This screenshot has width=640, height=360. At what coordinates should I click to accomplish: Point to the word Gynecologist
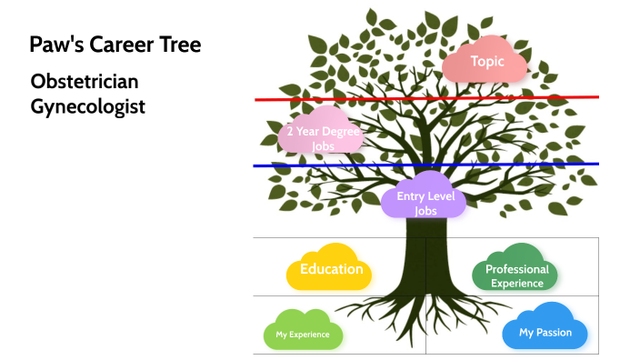click(x=87, y=106)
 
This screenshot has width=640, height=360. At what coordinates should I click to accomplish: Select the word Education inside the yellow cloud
click(x=331, y=269)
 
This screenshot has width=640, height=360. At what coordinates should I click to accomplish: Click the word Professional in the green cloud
click(x=516, y=269)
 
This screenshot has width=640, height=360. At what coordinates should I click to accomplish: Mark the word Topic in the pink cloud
click(x=486, y=61)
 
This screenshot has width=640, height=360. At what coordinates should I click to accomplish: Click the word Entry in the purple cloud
click(x=411, y=196)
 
